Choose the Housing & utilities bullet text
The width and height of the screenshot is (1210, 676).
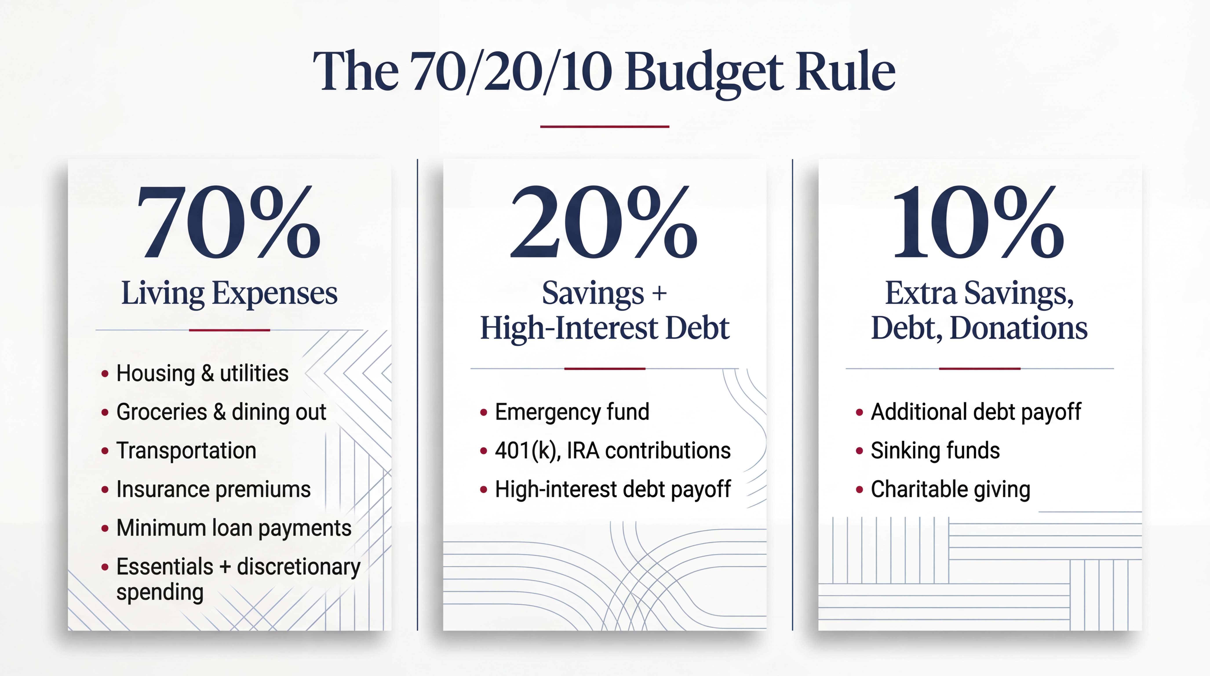(x=202, y=373)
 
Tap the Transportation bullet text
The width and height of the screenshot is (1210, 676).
(x=186, y=450)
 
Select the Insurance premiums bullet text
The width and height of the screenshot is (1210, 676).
(x=213, y=489)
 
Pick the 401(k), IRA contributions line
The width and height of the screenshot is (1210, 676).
(x=612, y=450)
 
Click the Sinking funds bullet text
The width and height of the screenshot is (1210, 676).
(x=935, y=450)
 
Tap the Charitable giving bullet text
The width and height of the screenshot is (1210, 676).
(x=950, y=489)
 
